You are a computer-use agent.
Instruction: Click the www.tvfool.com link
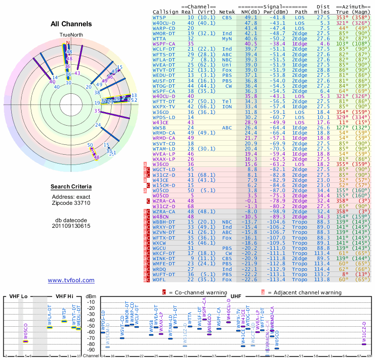(71, 280)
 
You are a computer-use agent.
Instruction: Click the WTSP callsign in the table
(160, 17)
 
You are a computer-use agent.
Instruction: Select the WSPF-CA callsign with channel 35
(163, 43)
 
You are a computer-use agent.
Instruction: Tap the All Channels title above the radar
(71, 23)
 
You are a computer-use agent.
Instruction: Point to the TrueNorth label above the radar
(70, 35)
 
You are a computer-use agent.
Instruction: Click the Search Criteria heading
(71, 187)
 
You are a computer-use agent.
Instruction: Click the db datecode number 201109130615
(71, 226)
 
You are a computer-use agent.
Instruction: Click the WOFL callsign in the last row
(160, 280)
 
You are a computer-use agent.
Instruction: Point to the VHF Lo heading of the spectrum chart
(18, 297)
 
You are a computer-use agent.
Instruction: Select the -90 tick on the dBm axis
(92, 350)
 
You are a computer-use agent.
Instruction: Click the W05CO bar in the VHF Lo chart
(25, 341)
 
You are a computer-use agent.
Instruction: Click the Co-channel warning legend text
(194, 292)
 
